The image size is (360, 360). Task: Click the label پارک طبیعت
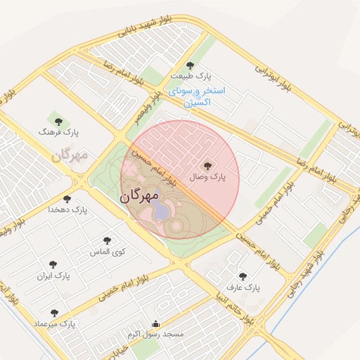190,76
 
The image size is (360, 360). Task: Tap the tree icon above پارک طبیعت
190,65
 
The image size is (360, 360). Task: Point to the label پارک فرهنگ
60,131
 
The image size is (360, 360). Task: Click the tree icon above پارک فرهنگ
59,122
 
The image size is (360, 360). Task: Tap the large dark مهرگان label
141,196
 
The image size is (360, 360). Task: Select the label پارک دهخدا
67,210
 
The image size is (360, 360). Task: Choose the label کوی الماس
109,251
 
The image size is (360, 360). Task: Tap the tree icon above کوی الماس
108,240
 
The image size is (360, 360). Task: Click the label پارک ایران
54,276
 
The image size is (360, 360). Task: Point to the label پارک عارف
243,288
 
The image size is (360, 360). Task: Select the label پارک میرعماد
54,323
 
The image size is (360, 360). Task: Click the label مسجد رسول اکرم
156,335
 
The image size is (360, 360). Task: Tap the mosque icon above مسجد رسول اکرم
156,324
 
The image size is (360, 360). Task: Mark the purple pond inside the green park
161,210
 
